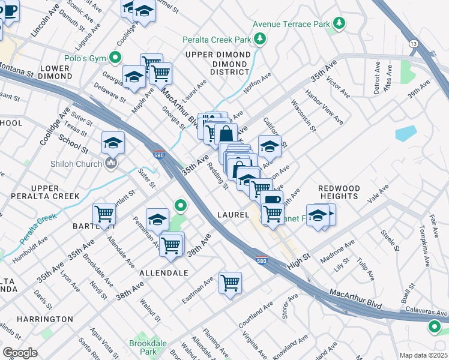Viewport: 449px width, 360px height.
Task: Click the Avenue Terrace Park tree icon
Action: pos(340,24)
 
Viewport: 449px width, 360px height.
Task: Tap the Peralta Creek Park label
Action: pos(217,40)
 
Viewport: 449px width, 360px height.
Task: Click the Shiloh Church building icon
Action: pos(110,164)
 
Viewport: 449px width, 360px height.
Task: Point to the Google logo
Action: pos(20,353)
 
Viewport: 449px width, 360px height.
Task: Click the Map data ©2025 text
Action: pos(423,355)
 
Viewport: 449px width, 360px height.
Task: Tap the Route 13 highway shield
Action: pos(413,43)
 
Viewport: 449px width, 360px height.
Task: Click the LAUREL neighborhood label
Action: pos(234,214)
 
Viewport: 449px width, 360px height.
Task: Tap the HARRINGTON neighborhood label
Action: pos(45,319)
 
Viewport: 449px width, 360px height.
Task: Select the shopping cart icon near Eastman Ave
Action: pos(231,283)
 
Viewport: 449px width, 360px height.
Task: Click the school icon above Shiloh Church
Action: pos(113,143)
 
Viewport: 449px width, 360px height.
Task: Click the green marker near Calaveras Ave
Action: pos(434,328)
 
